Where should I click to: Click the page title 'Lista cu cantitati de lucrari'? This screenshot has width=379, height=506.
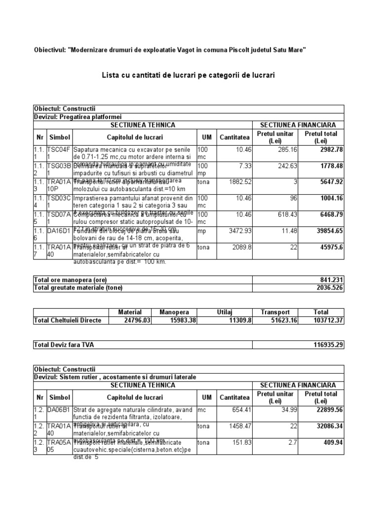(x=188, y=75)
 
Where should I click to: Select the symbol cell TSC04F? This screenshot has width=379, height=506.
(x=59, y=153)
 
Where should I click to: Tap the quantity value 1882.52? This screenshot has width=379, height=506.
(x=233, y=181)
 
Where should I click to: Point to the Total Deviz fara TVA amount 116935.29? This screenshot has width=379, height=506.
(x=328, y=344)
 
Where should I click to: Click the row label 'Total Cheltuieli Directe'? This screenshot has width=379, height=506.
(x=68, y=320)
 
